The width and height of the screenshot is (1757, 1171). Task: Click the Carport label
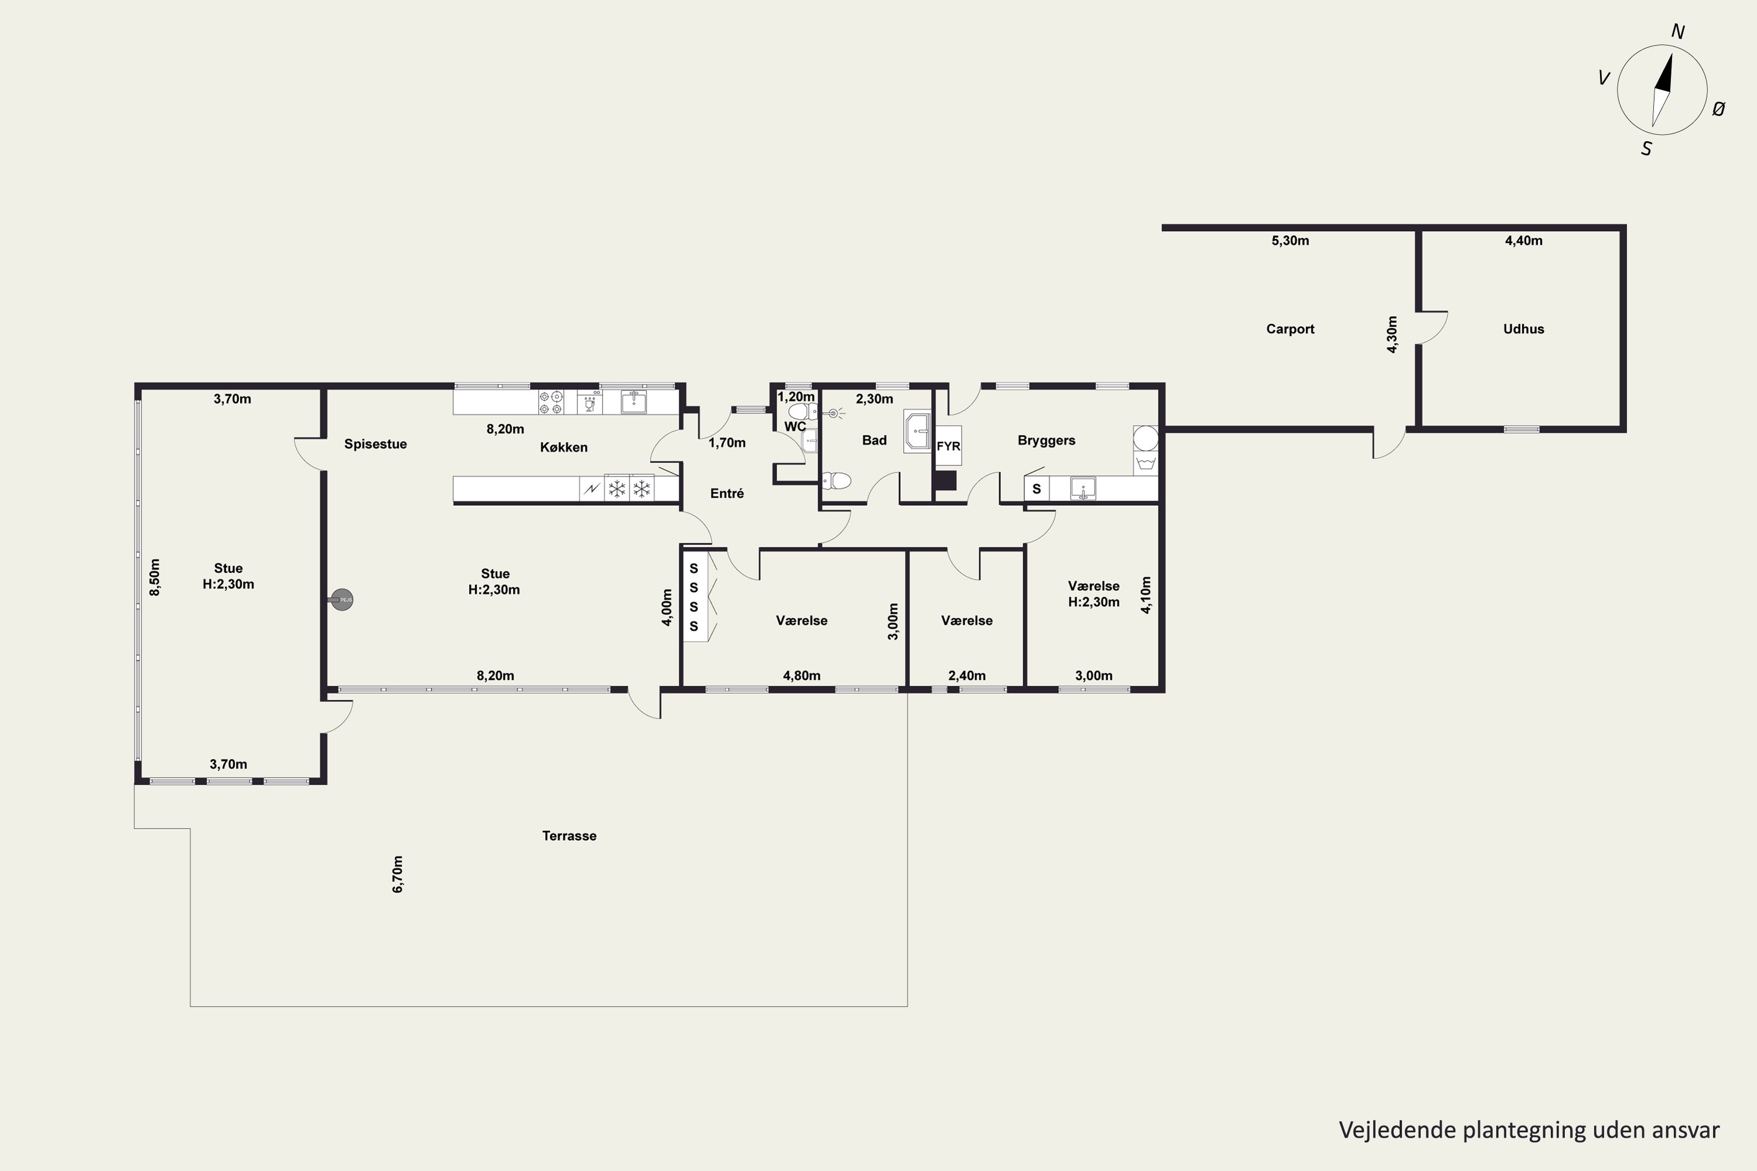(1290, 328)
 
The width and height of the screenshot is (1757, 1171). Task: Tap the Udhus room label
(1523, 328)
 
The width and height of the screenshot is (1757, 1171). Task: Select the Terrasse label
(569, 836)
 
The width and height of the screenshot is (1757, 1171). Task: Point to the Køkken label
(564, 447)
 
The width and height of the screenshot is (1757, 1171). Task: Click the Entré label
(727, 494)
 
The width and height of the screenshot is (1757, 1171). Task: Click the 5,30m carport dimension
(1290, 241)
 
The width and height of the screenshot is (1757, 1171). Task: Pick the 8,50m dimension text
(155, 577)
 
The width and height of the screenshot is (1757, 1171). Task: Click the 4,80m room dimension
(802, 676)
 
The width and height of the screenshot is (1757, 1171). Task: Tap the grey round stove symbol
(342, 599)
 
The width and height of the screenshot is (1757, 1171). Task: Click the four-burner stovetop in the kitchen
(551, 402)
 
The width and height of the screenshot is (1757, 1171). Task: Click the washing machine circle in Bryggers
(1145, 437)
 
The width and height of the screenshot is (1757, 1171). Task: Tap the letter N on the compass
(1677, 32)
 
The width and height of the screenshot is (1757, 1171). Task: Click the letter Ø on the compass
(1718, 109)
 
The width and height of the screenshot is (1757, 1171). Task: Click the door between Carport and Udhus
(1432, 328)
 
